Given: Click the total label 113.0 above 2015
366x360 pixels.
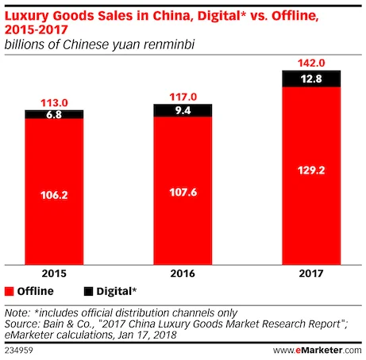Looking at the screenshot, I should click(54, 101).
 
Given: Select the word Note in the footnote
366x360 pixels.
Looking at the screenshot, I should click(17, 311).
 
